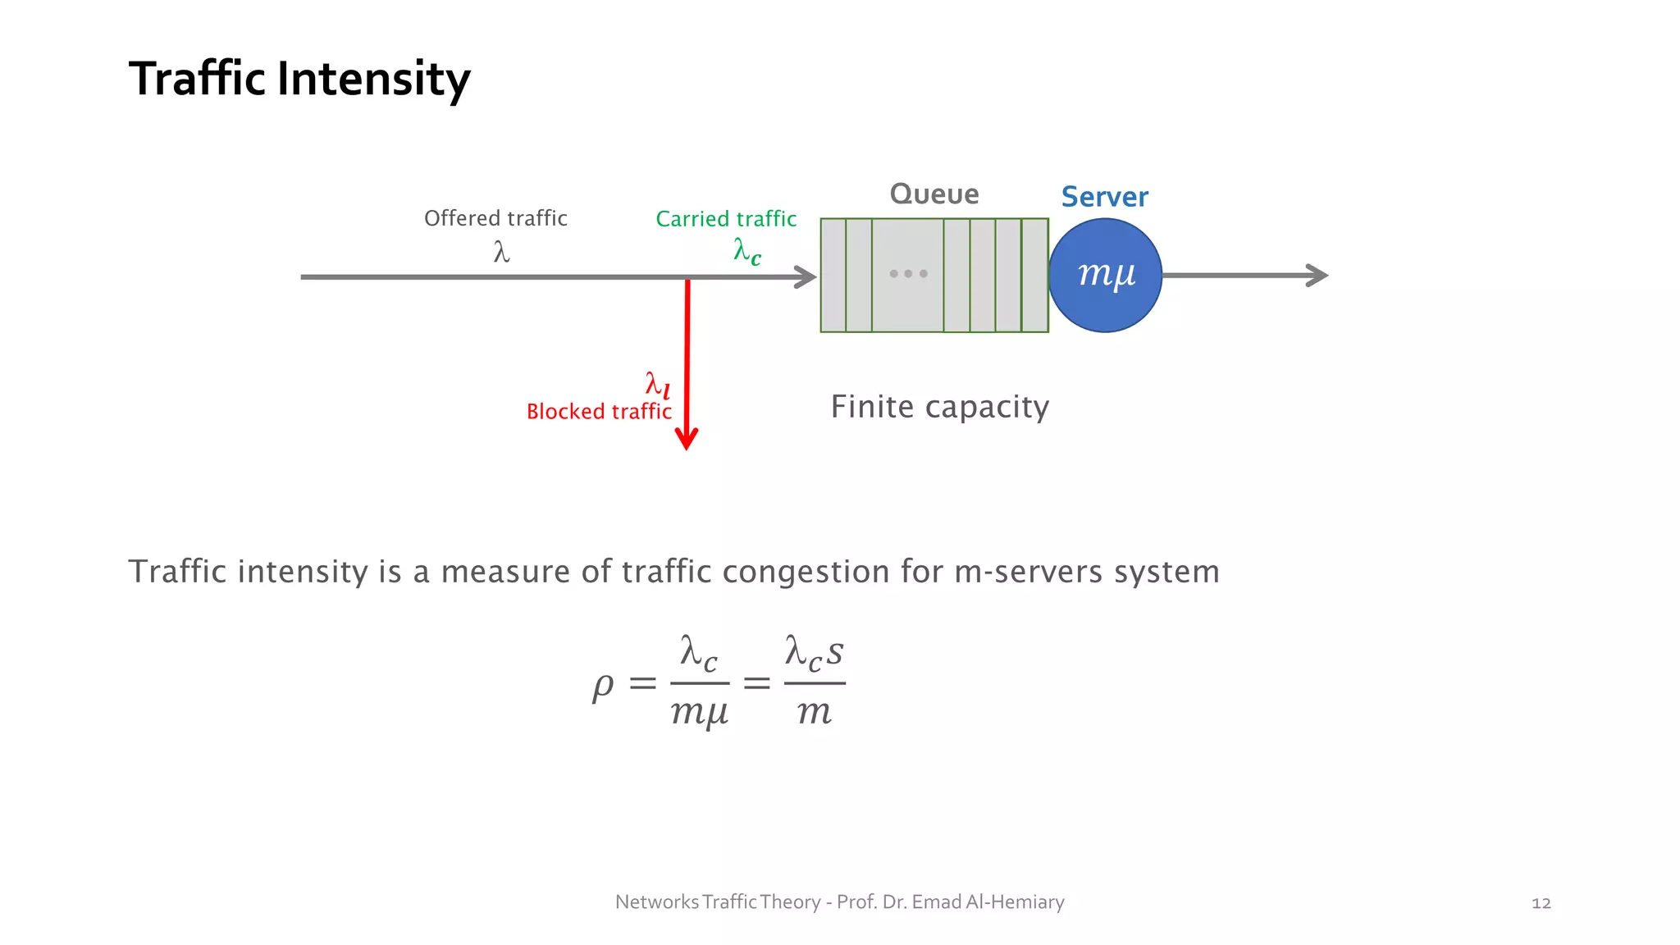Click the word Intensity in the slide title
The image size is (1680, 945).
tap(373, 80)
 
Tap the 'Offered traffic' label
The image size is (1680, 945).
tap(495, 218)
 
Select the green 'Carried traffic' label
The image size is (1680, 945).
tap(726, 219)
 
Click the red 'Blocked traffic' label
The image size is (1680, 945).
tap(599, 411)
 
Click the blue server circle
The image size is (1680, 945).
tap(1105, 275)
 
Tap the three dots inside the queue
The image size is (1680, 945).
tap(908, 274)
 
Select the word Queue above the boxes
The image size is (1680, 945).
tap(934, 194)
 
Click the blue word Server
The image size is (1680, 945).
tap(1104, 197)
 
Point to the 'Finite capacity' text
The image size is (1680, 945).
tap(940, 407)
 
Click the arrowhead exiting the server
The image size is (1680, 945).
tap(1317, 276)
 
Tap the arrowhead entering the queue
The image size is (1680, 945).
tap(806, 277)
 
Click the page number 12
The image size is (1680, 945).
tap(1541, 903)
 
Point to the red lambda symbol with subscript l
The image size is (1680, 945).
tap(657, 384)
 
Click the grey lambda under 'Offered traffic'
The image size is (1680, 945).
tap(501, 251)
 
